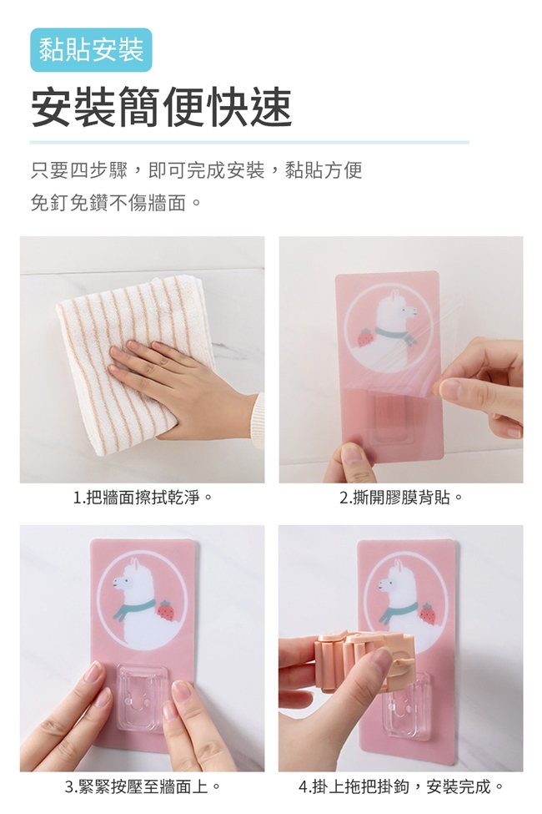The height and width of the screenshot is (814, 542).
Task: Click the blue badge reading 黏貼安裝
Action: click(91, 50)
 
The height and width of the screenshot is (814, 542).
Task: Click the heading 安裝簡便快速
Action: click(161, 108)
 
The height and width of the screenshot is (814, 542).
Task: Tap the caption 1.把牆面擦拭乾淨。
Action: click(142, 498)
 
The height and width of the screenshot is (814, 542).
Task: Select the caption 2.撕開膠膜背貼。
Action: click(400, 498)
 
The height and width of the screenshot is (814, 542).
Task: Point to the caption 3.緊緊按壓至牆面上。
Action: click(142, 787)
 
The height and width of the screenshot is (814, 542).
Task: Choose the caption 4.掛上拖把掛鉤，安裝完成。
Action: click(400, 787)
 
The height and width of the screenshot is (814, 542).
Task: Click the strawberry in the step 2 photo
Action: click(365, 337)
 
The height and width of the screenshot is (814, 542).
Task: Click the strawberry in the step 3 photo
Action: click(165, 610)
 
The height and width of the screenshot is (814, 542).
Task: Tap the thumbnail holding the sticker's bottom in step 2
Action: click(354, 453)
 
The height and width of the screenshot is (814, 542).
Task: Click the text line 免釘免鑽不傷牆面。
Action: click(116, 203)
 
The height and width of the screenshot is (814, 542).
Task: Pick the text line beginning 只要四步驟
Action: click(197, 170)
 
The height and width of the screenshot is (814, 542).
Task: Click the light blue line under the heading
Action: click(249, 142)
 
